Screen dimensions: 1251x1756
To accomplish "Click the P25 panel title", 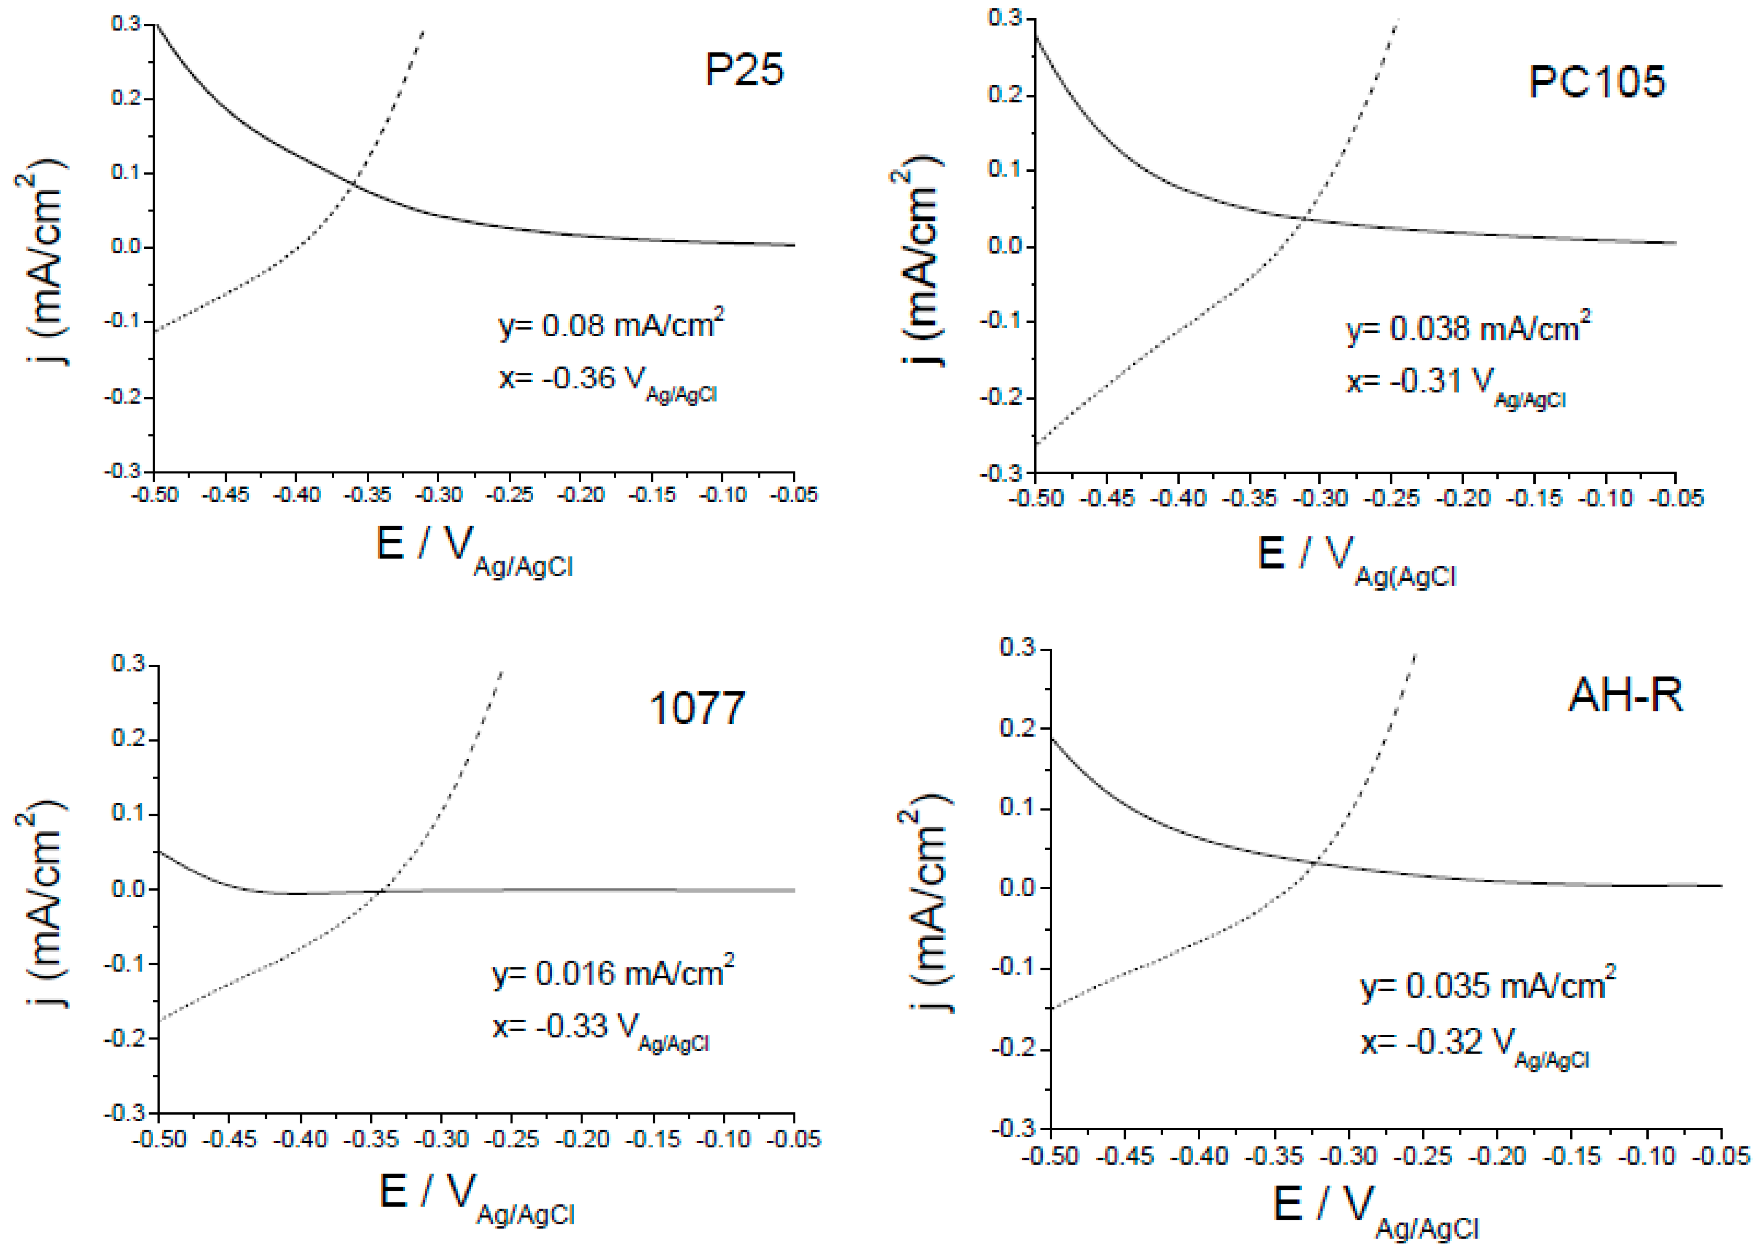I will coord(744,70).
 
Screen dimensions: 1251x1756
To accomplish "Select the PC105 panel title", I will coord(1596,82).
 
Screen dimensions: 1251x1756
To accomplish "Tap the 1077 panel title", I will coord(697,708).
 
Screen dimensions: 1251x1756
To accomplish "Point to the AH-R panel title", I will coord(1625,695).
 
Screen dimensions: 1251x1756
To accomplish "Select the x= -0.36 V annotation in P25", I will coord(609,380).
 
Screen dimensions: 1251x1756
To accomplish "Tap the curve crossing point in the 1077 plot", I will coord(382,891).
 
